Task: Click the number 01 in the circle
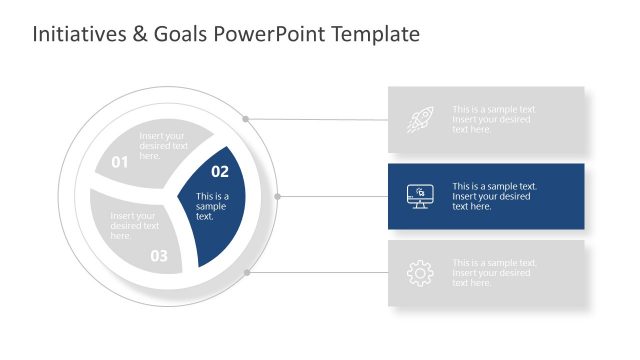coord(120,162)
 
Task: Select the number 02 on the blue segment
coord(220,172)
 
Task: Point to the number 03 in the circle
coord(159,256)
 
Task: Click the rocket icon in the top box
coord(420,120)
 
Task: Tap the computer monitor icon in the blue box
coord(420,196)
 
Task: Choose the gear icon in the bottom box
coord(420,273)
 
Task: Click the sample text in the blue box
coord(494,196)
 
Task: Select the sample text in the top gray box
coord(493,120)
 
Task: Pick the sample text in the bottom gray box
coord(494,273)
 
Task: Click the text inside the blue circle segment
coord(212,206)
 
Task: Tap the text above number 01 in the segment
coord(162,146)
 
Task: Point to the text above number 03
coord(134,226)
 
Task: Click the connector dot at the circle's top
coord(245,118)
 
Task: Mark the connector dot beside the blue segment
coord(278,197)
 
